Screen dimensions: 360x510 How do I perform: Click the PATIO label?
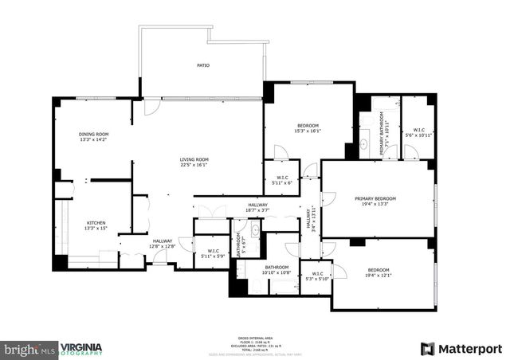click(203, 65)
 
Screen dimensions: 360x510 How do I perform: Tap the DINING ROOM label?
click(93, 134)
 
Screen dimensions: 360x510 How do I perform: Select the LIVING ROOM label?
click(194, 159)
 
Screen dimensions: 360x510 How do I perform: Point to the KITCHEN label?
click(96, 223)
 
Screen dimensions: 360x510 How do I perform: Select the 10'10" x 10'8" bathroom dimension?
click(277, 273)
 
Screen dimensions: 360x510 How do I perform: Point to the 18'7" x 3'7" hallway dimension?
click(257, 211)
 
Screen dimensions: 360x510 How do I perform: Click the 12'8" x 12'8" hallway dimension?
click(163, 247)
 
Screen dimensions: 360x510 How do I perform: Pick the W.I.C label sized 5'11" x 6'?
click(281, 177)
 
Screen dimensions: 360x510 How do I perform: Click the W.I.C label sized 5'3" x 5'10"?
click(323, 273)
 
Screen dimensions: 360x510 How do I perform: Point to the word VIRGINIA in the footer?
click(81, 346)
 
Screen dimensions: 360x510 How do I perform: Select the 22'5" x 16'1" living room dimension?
click(194, 165)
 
